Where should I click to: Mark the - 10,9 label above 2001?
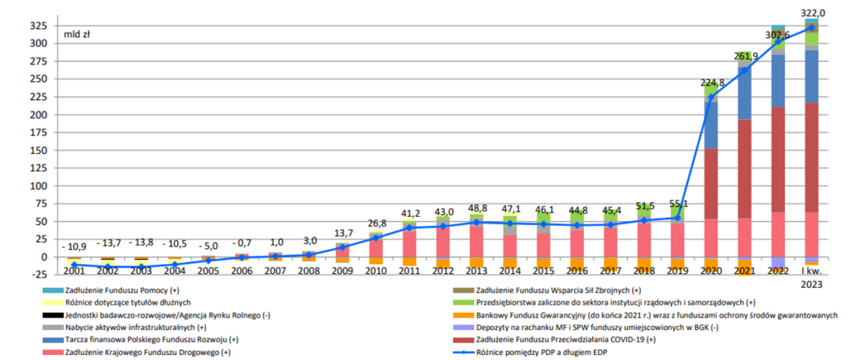[74, 244]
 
